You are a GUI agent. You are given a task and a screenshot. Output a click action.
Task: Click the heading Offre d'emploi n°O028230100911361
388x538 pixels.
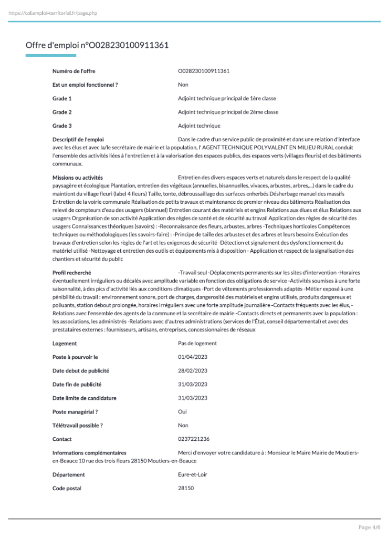[x=97, y=45]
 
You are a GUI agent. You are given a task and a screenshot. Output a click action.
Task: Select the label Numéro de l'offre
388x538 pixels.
[x=74, y=71]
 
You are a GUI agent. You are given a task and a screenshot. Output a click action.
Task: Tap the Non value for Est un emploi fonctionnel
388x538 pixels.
[x=183, y=85]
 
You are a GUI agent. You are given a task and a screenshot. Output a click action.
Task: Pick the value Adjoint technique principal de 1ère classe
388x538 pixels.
[x=227, y=98]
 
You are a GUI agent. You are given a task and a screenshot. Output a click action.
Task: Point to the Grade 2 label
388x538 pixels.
[x=62, y=112]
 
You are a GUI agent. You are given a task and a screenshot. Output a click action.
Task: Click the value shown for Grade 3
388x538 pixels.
[x=199, y=126]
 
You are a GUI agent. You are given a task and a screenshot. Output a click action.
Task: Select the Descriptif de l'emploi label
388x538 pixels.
[x=78, y=139]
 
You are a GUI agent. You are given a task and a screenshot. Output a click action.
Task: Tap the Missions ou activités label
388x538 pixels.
[x=78, y=178]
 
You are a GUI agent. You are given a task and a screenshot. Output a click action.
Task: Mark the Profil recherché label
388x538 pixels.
[x=72, y=273]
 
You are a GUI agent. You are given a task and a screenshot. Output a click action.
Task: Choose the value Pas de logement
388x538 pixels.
[x=197, y=344]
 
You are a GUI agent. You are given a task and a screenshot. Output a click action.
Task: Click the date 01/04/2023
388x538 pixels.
[x=193, y=357]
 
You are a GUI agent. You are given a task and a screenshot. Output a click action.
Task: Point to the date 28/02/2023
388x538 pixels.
[x=193, y=371]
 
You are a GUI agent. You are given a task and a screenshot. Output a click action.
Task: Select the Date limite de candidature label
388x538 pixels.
[x=85, y=398]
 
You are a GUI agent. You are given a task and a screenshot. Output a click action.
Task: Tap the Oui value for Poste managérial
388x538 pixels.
[x=183, y=412]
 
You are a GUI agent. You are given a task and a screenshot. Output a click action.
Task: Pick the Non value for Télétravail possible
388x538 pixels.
[x=183, y=426]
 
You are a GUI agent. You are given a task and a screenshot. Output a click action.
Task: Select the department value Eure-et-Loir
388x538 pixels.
[x=193, y=475]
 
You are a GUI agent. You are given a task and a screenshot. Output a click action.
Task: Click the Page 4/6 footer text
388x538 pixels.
[x=370, y=527]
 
